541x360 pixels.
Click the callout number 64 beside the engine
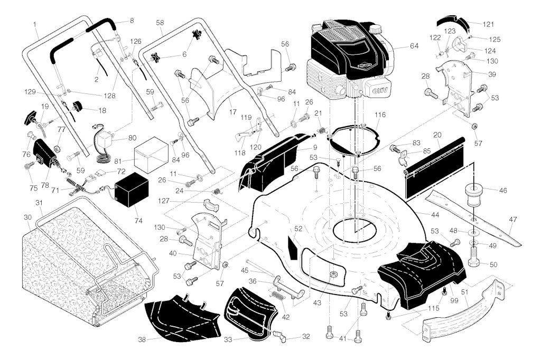tap(414, 46)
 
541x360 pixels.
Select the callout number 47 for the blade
tap(512, 221)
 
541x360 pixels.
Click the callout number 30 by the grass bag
tap(27, 217)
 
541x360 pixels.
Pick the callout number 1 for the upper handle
tap(34, 24)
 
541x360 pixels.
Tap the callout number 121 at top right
tap(488, 24)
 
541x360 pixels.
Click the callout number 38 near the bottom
tap(142, 339)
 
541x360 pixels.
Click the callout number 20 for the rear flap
tap(437, 135)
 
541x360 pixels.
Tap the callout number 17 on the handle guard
tap(232, 113)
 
